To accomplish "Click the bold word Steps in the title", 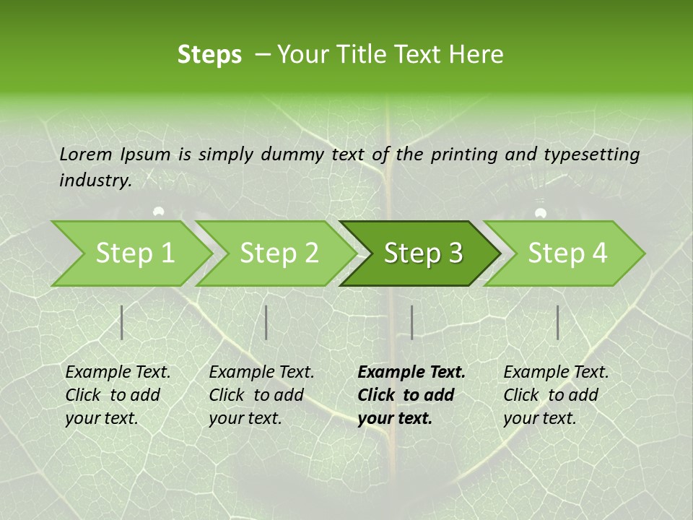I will tap(209, 55).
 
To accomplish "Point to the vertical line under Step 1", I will tap(122, 322).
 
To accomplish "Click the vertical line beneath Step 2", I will tap(266, 322).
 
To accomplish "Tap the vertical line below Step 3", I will tap(411, 322).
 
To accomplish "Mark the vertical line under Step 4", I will tap(557, 322).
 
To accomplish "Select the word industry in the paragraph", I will tap(95, 181).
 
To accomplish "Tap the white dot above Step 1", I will tap(159, 212).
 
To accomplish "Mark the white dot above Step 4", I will tap(541, 212).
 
